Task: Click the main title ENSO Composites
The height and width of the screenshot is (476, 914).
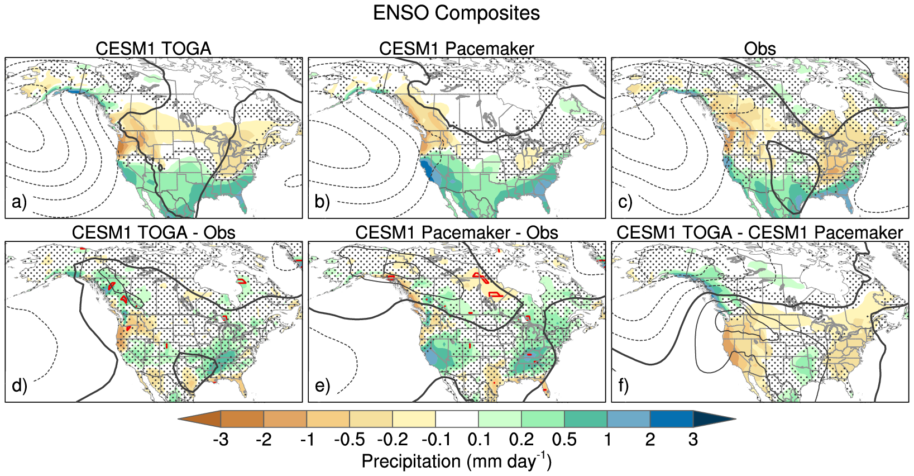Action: pos(456,13)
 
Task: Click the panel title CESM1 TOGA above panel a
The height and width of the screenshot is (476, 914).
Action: pos(154,49)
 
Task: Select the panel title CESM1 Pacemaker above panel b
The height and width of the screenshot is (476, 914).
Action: pos(456,49)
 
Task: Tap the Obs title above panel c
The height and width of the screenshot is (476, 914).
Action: pos(759,49)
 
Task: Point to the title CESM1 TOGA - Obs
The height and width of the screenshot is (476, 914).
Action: pos(154,232)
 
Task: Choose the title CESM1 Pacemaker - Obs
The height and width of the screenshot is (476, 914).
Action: pos(456,232)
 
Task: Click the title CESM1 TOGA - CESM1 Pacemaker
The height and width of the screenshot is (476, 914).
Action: pos(759,232)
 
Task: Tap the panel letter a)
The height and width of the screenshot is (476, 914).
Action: pos(19,202)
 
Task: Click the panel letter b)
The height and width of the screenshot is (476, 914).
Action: pos(322,202)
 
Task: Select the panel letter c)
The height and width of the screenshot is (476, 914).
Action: pos(625,202)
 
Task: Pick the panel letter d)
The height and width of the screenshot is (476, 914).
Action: pos(19,385)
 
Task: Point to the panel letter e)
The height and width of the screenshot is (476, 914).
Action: pos(322,385)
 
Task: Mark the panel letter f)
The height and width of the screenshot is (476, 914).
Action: pos(624,385)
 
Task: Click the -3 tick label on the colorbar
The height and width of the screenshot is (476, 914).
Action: pos(221,440)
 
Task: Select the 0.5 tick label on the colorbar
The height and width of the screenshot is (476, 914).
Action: pos(564,440)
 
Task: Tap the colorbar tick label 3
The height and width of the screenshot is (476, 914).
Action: pos(693,440)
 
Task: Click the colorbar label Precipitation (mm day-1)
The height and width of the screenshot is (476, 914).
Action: pos(456,461)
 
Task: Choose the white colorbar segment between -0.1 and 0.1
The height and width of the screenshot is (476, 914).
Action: pos(457,418)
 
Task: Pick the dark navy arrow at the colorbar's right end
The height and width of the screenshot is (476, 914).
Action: pos(712,418)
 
